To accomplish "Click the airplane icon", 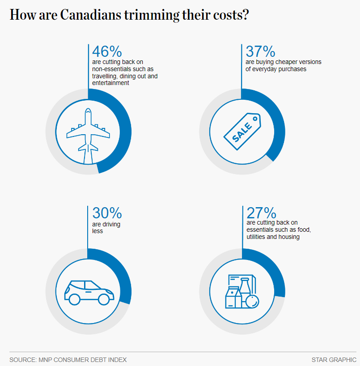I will click(88, 130).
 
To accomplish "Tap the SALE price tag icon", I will click(242, 130).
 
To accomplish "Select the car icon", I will click(89, 293).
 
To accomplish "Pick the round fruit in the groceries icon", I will click(252, 302).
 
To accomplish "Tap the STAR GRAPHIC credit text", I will click(334, 359).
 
